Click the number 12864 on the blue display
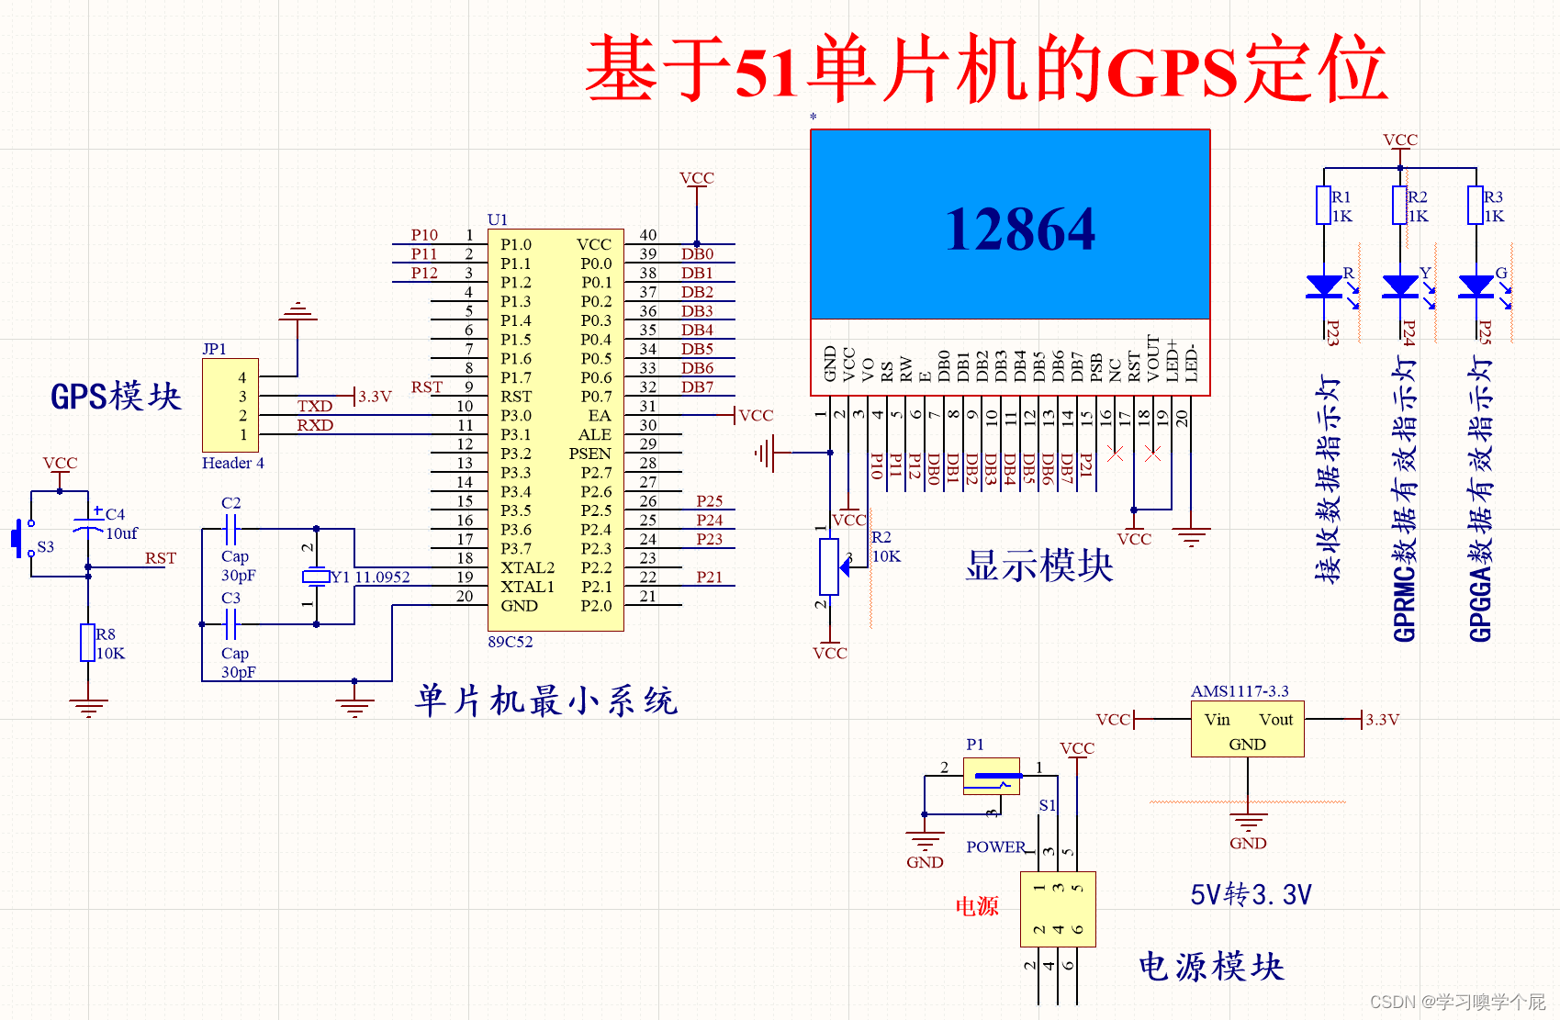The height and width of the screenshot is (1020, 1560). coord(1020,229)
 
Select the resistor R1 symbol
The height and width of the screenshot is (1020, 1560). coord(1323,206)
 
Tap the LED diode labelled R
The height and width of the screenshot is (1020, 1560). coord(1323,286)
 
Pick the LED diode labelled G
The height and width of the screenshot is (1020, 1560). coord(1476,286)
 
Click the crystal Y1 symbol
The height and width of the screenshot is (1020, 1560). coord(316,577)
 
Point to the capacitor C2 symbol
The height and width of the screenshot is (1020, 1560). coord(230,529)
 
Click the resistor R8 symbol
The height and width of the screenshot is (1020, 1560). coord(88,643)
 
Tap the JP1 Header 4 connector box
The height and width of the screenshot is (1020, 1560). coord(230,405)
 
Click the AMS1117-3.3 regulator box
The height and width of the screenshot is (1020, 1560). coord(1247,730)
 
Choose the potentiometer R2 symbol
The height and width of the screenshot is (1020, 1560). coord(829,566)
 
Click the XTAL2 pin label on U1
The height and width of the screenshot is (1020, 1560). coord(527,567)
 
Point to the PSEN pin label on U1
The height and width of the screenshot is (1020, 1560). coord(589,454)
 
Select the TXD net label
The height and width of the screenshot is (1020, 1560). coord(314,406)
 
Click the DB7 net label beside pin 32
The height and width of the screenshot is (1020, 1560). coord(697,387)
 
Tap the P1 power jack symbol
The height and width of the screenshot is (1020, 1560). coord(992,777)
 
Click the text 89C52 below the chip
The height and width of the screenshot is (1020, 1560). coord(511,642)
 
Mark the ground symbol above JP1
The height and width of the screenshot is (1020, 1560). coord(297,312)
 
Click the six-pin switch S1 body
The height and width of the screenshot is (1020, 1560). coord(1058,909)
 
